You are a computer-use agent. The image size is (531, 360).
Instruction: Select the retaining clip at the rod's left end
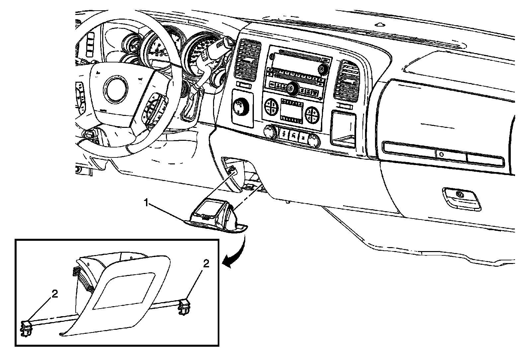tap(27, 328)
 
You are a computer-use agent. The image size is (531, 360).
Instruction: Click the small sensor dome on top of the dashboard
tap(379, 24)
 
